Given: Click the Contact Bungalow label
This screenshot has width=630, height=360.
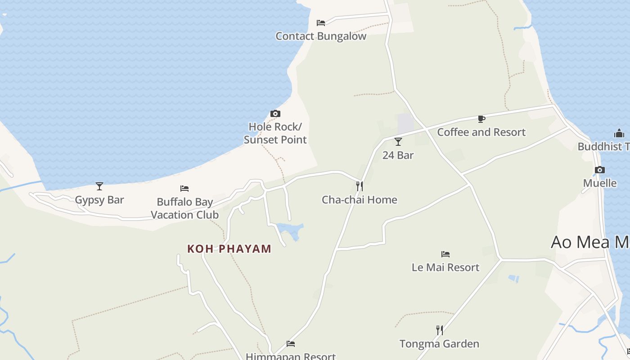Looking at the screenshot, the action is [321, 36].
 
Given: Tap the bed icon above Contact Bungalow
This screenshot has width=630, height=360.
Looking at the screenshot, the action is [321, 22].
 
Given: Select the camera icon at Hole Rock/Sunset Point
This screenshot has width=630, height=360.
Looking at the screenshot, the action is [275, 113].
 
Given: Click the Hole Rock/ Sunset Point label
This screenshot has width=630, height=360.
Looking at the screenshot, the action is [275, 133].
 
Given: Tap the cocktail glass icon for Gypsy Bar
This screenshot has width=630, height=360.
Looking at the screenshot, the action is [99, 186].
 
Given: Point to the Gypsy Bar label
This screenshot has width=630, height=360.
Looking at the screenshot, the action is [99, 200].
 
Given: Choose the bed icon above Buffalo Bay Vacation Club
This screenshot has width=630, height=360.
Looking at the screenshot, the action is [184, 189].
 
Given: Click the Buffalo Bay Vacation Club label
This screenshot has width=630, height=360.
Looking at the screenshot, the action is [184, 208].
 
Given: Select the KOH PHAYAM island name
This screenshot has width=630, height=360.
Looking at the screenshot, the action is [229, 249].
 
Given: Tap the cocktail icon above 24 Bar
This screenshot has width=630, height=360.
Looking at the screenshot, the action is [398, 142].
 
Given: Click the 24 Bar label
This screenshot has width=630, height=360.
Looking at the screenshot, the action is [398, 155].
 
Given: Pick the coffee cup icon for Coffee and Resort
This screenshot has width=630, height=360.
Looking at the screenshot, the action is [481, 119].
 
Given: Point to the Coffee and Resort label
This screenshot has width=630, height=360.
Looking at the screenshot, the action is [481, 132].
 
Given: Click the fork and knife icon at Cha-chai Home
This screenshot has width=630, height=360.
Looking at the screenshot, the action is [360, 186].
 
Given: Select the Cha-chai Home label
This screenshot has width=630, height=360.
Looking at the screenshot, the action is [360, 200].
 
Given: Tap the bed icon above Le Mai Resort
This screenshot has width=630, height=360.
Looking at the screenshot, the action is [445, 254].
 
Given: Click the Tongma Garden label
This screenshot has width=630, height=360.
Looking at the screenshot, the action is [439, 344].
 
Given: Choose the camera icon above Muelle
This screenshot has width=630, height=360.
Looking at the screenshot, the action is [600, 170].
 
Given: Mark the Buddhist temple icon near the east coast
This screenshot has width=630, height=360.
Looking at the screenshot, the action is [619, 133].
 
